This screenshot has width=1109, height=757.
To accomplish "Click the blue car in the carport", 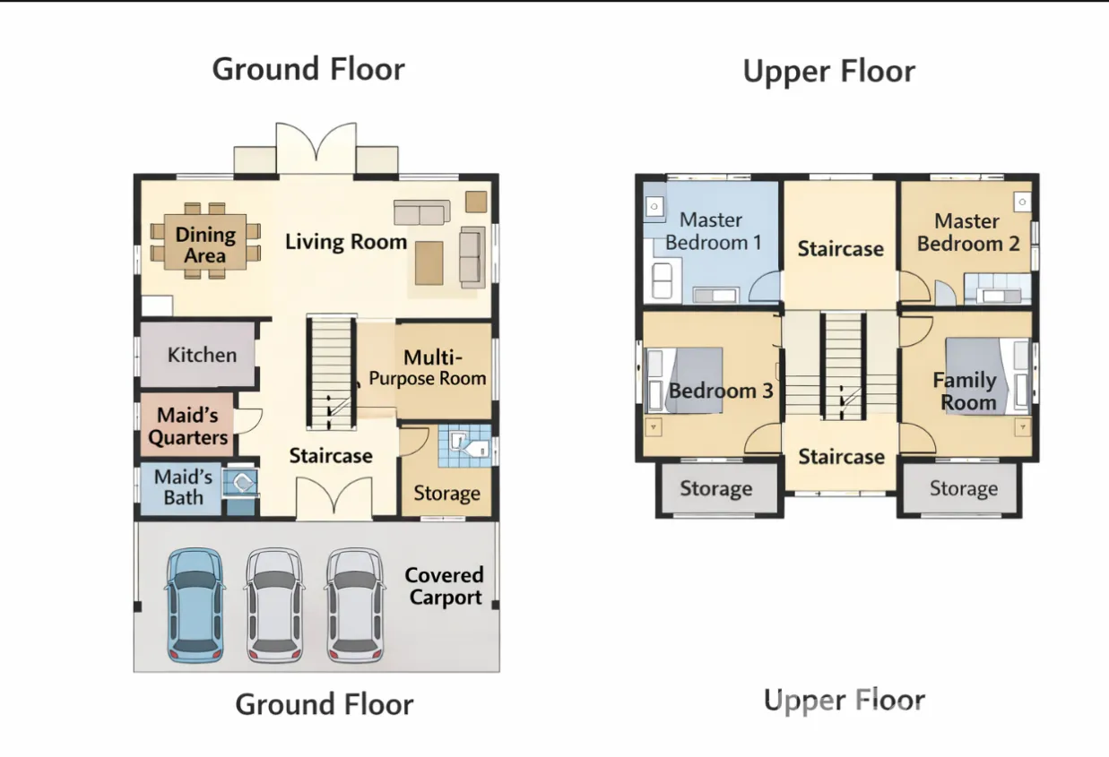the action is (x=195, y=605).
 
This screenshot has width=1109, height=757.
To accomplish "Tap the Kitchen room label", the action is (x=202, y=355).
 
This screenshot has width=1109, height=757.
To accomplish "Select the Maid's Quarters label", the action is (x=187, y=426).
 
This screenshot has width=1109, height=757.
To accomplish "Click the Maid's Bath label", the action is (x=183, y=486).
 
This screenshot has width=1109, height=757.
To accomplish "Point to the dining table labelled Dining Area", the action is (x=205, y=241).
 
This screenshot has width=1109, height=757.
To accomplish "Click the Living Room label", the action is (x=346, y=242).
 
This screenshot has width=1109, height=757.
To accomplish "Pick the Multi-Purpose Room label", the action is (x=428, y=367).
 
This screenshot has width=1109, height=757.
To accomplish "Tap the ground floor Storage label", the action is (x=447, y=494).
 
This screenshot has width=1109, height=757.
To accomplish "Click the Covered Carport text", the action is (x=445, y=586).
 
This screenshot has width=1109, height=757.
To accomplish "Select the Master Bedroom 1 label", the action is (x=712, y=231).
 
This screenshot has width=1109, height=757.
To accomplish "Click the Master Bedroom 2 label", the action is (x=968, y=232).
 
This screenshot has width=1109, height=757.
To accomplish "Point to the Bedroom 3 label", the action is (x=721, y=391).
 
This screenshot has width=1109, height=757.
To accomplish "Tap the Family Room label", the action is (x=966, y=391).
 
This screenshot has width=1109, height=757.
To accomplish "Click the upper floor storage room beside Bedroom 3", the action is (x=716, y=489).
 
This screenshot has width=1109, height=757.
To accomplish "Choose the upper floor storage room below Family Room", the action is (x=962, y=489).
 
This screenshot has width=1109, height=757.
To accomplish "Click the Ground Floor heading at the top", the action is (x=308, y=69).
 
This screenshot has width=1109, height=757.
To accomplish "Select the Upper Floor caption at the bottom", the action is (x=845, y=700).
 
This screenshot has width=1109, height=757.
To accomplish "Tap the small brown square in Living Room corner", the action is (x=476, y=202).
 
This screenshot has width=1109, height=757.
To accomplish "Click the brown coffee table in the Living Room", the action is (x=429, y=263).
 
